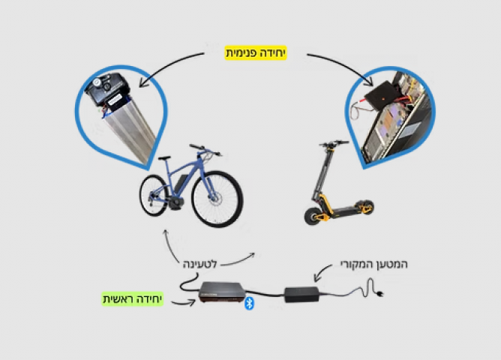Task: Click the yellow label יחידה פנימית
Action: coord(256,52)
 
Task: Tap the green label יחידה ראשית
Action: coord(133,299)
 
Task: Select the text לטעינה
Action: coord(200,264)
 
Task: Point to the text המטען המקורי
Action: coord(374,264)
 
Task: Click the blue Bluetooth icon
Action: coord(249,303)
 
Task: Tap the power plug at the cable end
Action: coord(379,293)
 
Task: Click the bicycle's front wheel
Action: coord(217,199)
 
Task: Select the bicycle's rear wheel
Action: coord(154,195)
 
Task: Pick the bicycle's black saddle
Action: coord(164,157)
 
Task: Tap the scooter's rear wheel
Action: coord(365,207)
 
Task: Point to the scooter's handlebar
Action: coord(334,143)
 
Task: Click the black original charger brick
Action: coord(301,294)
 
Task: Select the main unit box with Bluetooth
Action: coord(223,291)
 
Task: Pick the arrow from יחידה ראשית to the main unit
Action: coord(184,302)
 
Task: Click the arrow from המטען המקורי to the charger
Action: coord(322,271)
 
